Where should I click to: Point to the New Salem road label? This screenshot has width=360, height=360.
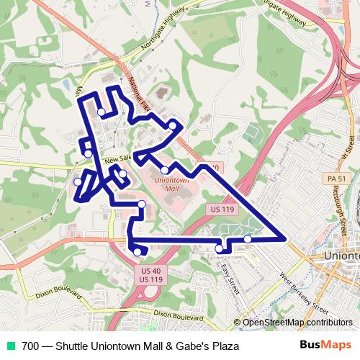point(118,158)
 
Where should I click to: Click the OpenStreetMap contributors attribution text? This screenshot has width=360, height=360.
point(297,323)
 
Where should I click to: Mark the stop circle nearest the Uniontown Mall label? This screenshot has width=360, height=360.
point(165,170)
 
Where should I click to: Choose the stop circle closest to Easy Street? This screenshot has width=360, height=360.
point(219,249)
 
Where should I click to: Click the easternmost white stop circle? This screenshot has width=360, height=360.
point(247,238)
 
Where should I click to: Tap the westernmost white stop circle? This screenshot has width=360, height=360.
point(78,181)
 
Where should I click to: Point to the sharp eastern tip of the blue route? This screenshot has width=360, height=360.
point(286,238)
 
